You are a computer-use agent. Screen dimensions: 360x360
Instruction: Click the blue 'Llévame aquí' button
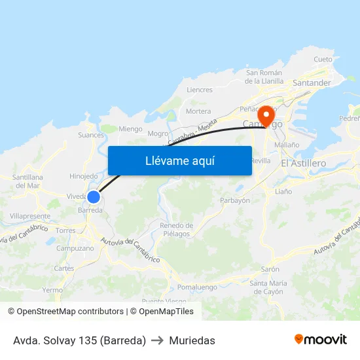(179, 160)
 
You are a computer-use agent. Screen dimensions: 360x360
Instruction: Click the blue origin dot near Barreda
(94, 196)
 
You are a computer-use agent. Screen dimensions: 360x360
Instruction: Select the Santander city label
(312, 83)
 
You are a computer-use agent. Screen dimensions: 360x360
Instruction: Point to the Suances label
(91, 135)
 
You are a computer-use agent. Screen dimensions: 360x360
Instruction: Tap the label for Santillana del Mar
(27, 181)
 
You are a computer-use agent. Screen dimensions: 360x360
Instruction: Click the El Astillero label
(303, 162)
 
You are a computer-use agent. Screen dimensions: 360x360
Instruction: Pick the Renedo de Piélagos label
(175, 229)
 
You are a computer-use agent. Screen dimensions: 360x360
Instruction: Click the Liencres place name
(200, 90)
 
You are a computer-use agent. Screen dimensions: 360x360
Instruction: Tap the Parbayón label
(235, 200)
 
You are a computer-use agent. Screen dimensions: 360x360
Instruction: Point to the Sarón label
(270, 269)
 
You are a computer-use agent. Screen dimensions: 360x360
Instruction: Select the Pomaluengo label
(197, 287)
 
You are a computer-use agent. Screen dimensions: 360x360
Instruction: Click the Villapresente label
(30, 215)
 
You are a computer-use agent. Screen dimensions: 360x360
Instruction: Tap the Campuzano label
(75, 248)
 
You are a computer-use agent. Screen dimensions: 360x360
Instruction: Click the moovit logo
(321, 339)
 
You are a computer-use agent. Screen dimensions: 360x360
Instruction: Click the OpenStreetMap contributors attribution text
(70, 312)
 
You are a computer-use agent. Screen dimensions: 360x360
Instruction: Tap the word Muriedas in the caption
(192, 340)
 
